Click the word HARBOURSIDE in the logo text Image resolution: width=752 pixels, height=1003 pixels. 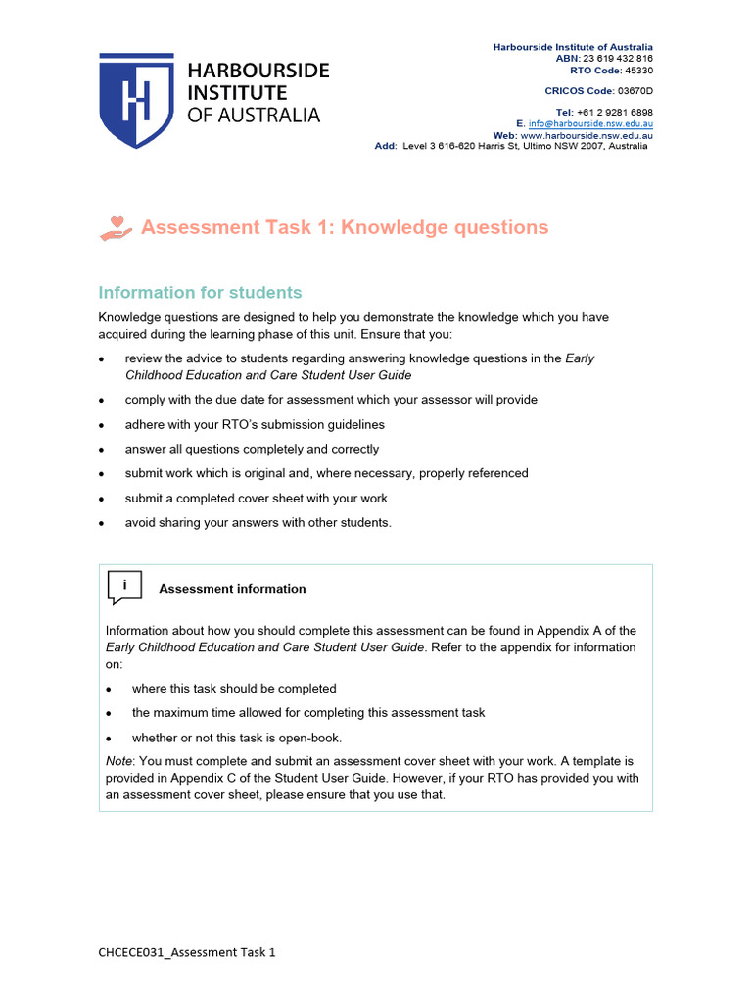click(258, 72)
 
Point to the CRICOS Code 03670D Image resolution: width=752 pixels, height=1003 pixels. click(634, 91)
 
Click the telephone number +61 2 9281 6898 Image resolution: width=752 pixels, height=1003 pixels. click(615, 113)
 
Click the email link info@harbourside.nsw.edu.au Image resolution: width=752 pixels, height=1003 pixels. click(590, 124)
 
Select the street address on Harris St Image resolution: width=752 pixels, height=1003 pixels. click(525, 146)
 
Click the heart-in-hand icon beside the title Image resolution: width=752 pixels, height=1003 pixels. click(116, 227)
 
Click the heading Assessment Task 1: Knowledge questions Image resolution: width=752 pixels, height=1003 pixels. click(345, 227)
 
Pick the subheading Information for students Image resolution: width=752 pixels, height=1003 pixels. click(200, 292)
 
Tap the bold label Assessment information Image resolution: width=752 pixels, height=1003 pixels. click(232, 589)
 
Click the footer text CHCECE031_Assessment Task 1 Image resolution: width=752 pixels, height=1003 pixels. click(187, 951)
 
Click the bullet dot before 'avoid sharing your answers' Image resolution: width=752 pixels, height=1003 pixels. click(103, 523)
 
